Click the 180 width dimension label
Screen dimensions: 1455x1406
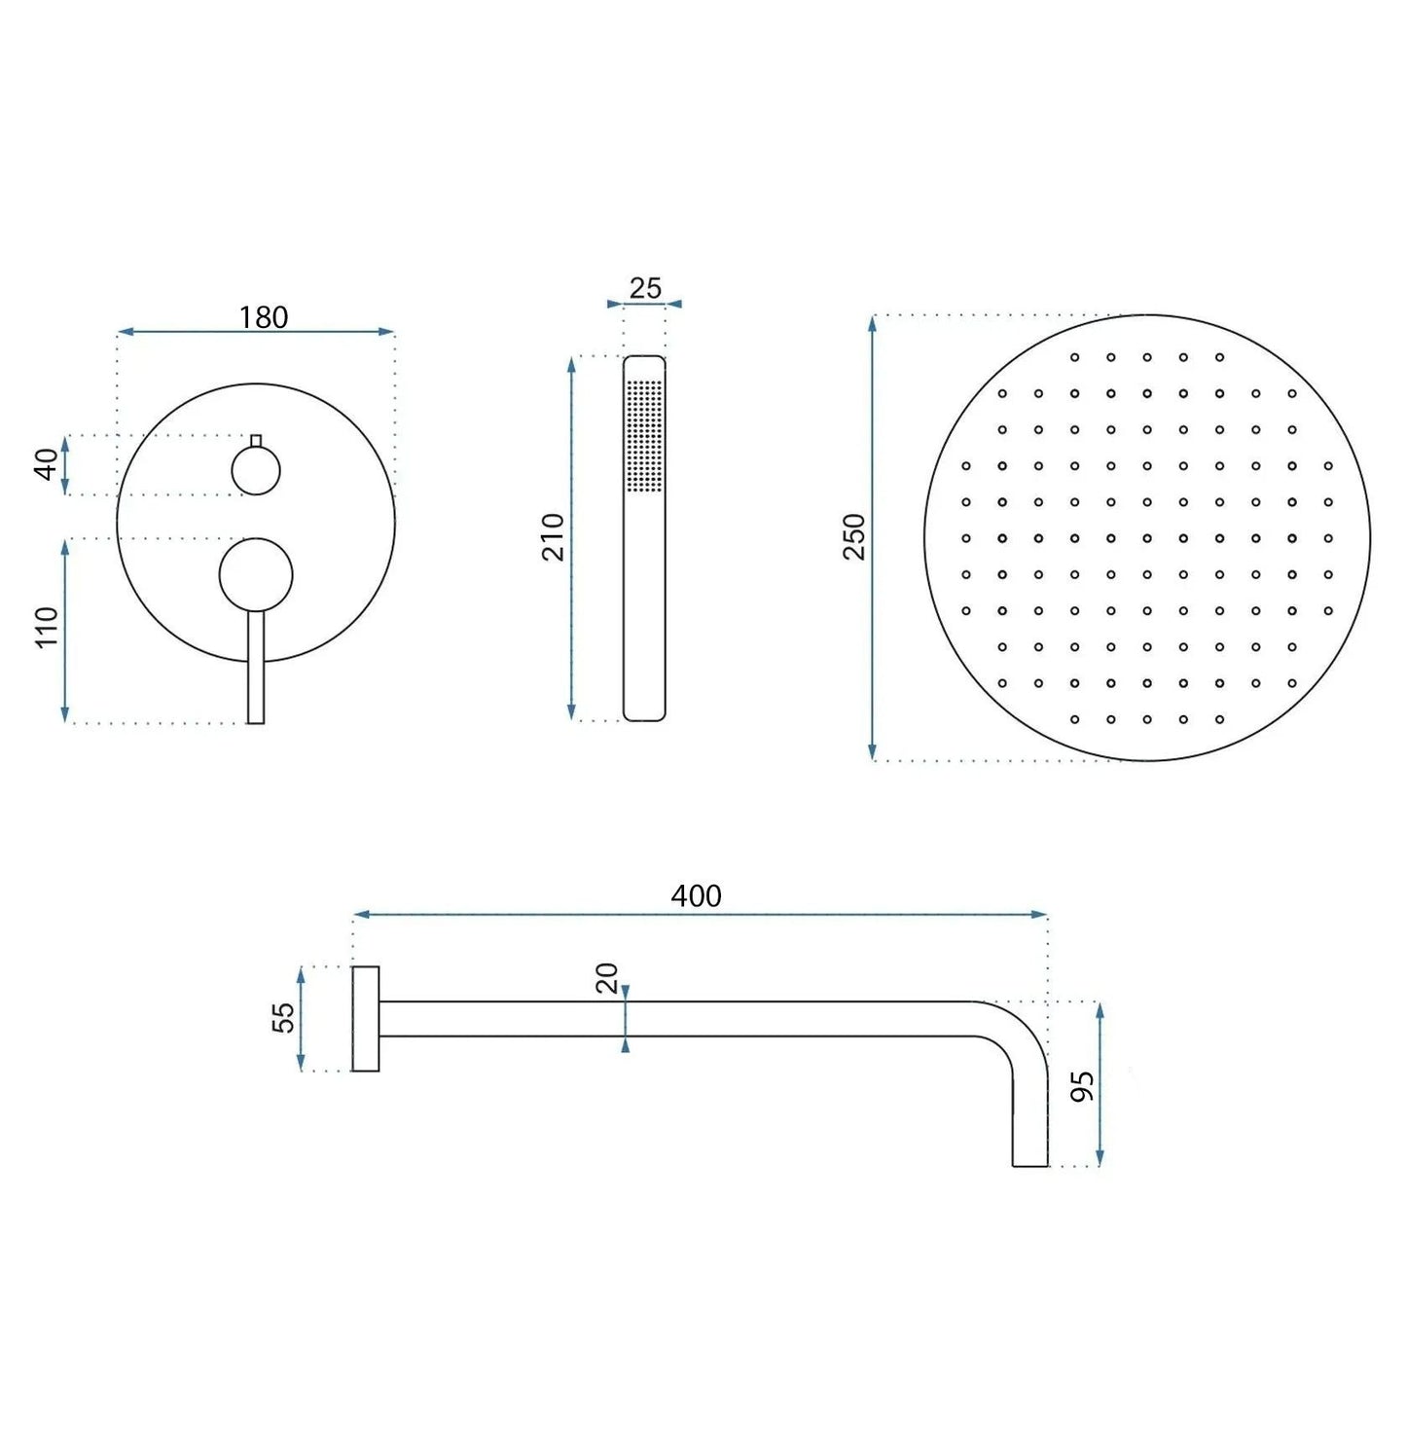click(263, 317)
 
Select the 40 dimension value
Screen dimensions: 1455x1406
click(46, 464)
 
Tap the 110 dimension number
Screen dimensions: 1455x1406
click(46, 627)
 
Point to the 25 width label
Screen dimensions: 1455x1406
click(644, 288)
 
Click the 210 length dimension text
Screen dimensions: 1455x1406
click(553, 536)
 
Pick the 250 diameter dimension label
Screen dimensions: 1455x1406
click(853, 536)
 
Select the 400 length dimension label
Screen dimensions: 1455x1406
click(696, 895)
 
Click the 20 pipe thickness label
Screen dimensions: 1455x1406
click(606, 977)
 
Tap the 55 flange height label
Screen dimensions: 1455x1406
click(282, 1017)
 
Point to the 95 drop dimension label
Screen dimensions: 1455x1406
click(1081, 1086)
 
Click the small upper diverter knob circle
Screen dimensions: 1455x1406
click(256, 472)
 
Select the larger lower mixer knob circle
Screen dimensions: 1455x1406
click(256, 575)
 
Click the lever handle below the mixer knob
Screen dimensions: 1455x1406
click(256, 672)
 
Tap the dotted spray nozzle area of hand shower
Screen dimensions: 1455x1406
click(644, 434)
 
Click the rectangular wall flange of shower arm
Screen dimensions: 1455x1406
click(366, 1019)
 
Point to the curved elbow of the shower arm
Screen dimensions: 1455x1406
click(1017, 1032)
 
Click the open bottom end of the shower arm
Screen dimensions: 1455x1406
click(1030, 1164)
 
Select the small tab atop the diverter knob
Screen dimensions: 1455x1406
click(256, 441)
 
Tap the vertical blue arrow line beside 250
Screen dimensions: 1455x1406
click(873, 633)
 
